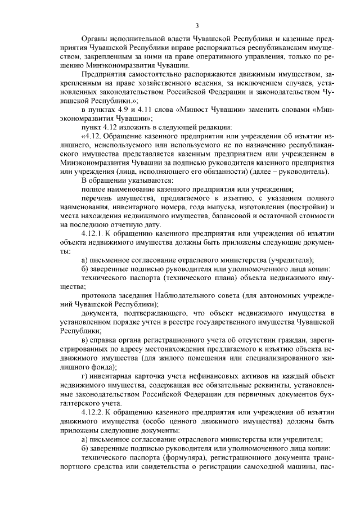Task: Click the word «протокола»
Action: click(x=99, y=296)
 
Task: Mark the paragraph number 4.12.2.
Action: click(x=93, y=411)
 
